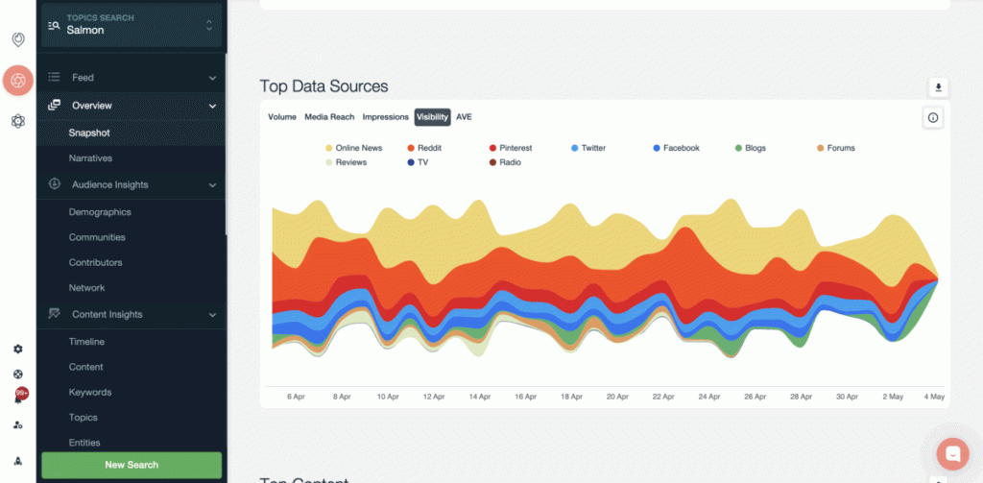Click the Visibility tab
[432, 117]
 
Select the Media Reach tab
[329, 117]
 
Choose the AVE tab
[464, 117]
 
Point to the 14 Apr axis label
[479, 397]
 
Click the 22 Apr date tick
[663, 397]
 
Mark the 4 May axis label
[935, 397]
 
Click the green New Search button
[132, 465]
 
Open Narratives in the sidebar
[90, 157]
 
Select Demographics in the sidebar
[100, 212]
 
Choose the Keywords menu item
[90, 392]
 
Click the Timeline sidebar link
[86, 342]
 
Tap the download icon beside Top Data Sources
[939, 87]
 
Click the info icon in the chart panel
[933, 117]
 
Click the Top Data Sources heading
[324, 86]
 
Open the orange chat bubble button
[953, 452]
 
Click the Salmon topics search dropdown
[131, 25]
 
